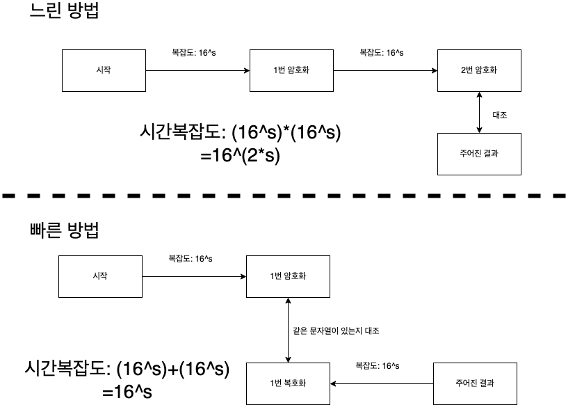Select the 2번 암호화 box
(x=479, y=70)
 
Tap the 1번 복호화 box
(x=288, y=383)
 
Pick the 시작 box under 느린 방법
(x=104, y=70)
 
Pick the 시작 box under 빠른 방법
(x=99, y=276)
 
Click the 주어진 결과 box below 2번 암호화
(x=479, y=154)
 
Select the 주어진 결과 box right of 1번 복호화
(x=475, y=383)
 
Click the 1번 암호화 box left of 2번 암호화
(x=291, y=70)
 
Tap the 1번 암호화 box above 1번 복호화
(x=288, y=276)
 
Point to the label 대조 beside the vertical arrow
(x=499, y=115)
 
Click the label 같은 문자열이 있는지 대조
(x=337, y=331)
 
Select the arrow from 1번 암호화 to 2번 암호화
(x=386, y=70)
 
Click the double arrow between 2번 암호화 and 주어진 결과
(x=479, y=112)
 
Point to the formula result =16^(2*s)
(x=240, y=157)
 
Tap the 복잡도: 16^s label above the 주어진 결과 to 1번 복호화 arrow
(x=377, y=365)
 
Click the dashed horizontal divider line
(x=287, y=197)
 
